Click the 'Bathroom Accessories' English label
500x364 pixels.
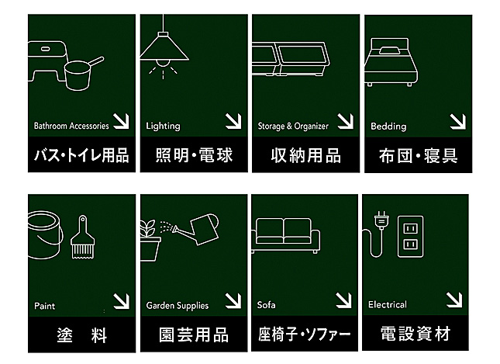[71, 126]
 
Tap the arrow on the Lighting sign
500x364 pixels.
[233, 121]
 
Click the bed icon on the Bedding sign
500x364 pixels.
[391, 62]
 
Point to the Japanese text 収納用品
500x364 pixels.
[306, 155]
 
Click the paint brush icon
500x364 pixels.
[83, 237]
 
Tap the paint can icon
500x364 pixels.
[45, 234]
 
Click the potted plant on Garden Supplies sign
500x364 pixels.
[150, 240]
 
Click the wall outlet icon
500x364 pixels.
[411, 237]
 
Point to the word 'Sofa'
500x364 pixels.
[266, 305]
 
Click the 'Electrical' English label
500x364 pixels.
[388, 304]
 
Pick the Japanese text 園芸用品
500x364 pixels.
[194, 335]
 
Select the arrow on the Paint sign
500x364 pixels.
[121, 301]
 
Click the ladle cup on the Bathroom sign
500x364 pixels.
[78, 76]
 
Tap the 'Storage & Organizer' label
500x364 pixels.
[293, 127]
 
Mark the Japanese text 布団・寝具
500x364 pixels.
[419, 156]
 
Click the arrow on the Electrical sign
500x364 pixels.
[454, 300]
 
